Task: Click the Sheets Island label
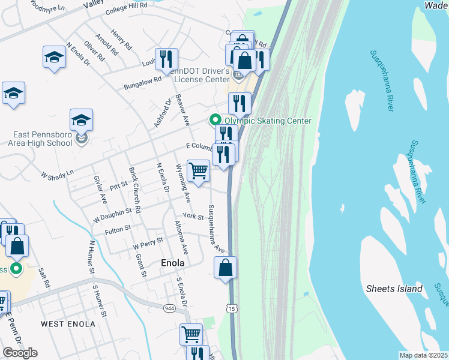pos(394,289)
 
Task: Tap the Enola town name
pos(172,263)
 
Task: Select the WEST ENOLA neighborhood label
pos(68,324)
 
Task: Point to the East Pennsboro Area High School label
pos(40,140)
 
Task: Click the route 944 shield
pos(170,308)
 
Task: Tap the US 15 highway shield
pos(231,308)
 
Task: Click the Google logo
pos(20,353)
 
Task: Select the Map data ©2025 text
pos(423,355)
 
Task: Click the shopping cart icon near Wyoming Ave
pos(198,171)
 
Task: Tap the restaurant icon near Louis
pos(166,59)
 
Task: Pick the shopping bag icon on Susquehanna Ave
pos(225,268)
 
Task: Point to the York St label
pos(193,217)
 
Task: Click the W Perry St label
pos(148,244)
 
